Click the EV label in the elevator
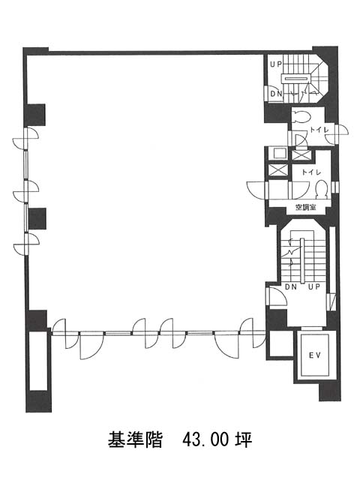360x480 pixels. (x=314, y=355)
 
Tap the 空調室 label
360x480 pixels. (x=306, y=207)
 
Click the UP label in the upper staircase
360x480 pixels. (x=275, y=64)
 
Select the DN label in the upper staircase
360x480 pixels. (x=276, y=94)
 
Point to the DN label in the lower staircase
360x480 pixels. (x=291, y=286)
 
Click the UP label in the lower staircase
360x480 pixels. (x=314, y=286)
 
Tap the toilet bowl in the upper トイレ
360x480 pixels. (x=301, y=117)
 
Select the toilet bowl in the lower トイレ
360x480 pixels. (x=322, y=189)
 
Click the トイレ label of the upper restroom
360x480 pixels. (x=319, y=130)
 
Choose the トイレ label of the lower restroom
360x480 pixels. (x=311, y=172)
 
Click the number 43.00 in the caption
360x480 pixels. (x=205, y=440)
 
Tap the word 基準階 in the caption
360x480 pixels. (x=135, y=440)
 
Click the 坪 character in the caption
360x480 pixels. (x=244, y=440)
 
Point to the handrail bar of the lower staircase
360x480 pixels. (x=302, y=261)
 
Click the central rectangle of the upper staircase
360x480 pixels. (x=296, y=79)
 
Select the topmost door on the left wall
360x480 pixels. (x=25, y=139)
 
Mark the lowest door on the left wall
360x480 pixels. (x=26, y=244)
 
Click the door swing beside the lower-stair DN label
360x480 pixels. (x=276, y=297)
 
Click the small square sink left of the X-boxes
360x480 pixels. (x=278, y=153)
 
